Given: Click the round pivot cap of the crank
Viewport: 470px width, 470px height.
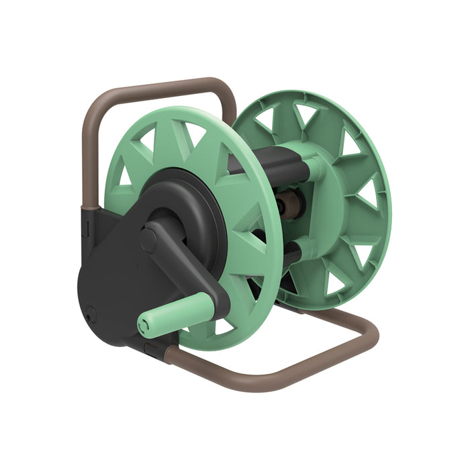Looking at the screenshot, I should pyautogui.click(x=148, y=240).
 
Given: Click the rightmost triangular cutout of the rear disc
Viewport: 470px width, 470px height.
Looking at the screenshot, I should pyautogui.click(x=367, y=195).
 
